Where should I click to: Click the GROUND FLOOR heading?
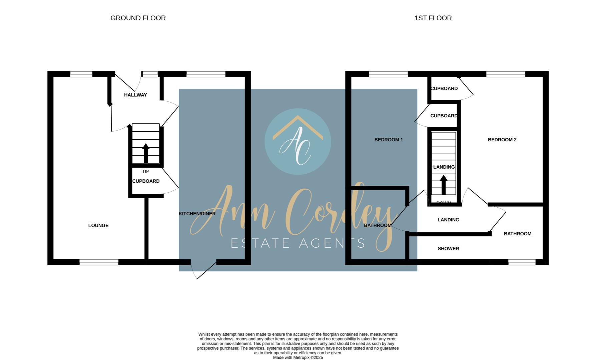coord(138,18)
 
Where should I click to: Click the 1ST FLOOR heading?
coord(433,18)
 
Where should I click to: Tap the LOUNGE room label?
coord(98,226)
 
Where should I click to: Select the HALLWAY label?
coord(135,95)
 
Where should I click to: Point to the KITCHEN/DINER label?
coord(197,214)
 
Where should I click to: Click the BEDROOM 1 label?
coord(389,140)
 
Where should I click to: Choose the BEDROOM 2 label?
coord(502,140)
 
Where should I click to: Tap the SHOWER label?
coord(448,249)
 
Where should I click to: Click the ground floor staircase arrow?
coord(146,153)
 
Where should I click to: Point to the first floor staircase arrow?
coord(444,185)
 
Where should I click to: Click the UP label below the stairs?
coord(146,172)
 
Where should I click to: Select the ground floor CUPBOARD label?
coord(146,181)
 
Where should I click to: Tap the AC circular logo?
coord(297,141)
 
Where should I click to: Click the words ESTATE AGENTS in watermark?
coord(298,243)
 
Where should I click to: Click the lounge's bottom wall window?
coord(99,262)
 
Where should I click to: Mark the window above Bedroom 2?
coord(506,74)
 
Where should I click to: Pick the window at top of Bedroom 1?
coord(388,74)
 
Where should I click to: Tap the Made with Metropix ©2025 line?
coord(298,358)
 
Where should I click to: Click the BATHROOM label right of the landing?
coord(517,234)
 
